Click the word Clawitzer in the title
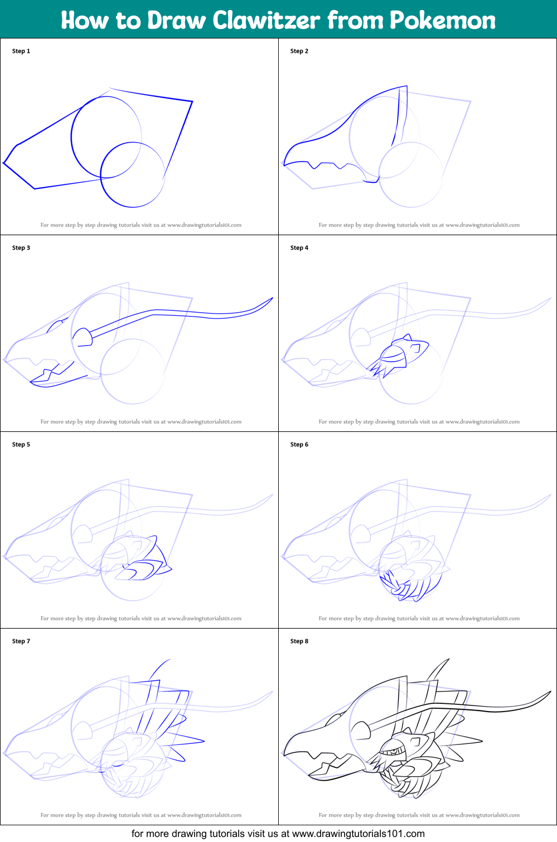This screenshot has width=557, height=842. tap(266, 20)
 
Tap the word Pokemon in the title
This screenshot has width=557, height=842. tap(442, 20)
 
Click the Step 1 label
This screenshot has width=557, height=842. tap(21, 51)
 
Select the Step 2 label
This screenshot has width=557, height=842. tap(299, 51)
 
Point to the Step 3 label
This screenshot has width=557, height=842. tap(21, 247)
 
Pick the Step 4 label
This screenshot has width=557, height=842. tap(299, 247)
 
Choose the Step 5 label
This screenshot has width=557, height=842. tap(21, 444)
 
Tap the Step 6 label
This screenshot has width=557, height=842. tap(299, 444)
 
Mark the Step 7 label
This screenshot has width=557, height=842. tap(21, 641)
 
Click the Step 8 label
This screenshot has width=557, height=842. tap(299, 641)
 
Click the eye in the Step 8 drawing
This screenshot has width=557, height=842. tap(394, 751)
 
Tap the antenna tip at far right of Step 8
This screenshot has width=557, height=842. tap(550, 692)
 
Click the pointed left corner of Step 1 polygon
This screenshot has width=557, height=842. tap(4, 163)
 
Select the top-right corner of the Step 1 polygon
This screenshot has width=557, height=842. tap(192, 101)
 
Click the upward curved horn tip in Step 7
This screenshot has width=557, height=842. tap(169, 660)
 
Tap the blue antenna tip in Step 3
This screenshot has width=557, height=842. tap(272, 298)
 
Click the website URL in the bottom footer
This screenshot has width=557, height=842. tap(358, 834)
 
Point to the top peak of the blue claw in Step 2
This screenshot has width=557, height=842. tap(406, 86)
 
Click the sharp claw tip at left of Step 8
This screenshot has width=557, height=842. tap(284, 755)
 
